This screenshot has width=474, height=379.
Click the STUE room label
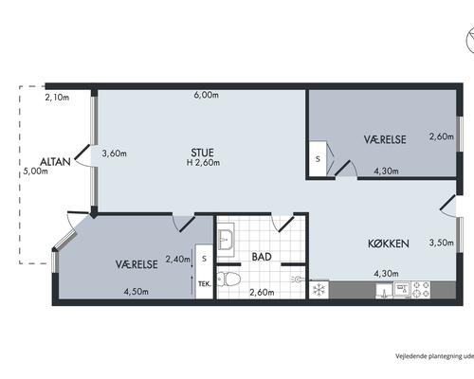(x=202, y=153)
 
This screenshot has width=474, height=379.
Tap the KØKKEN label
(x=389, y=244)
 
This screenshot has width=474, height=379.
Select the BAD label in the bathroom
(x=262, y=257)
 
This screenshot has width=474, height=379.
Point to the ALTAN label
(x=55, y=162)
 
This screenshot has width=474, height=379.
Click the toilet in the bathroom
(x=228, y=280)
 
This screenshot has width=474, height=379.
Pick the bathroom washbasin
(x=226, y=240)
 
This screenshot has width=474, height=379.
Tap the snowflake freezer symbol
(x=319, y=290)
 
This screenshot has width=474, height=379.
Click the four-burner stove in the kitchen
(x=420, y=290)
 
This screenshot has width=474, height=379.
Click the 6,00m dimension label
(x=206, y=95)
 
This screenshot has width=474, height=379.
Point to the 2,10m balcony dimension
(x=57, y=98)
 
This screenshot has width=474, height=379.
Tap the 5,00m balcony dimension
(x=36, y=171)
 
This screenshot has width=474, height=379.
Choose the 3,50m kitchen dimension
(x=441, y=243)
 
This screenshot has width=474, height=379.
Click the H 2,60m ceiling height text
(x=203, y=163)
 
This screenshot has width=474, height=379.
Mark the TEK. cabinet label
(x=205, y=284)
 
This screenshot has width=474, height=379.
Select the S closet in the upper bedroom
(x=318, y=159)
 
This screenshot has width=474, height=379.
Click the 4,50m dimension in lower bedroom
(x=136, y=292)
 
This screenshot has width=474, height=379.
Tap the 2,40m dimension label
(x=178, y=260)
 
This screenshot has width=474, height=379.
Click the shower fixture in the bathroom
(x=298, y=279)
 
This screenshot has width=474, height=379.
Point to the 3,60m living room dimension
(x=115, y=153)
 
